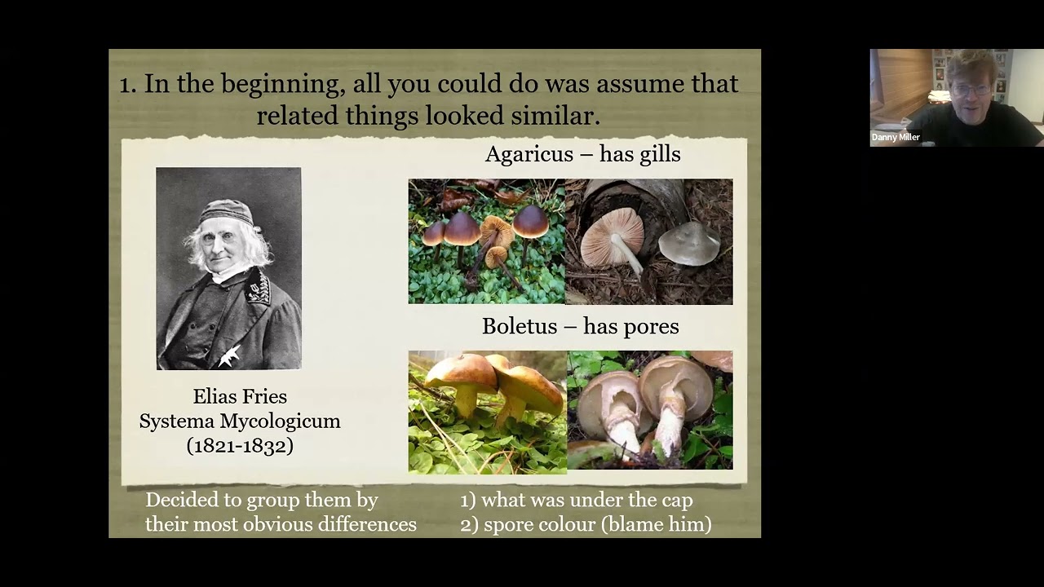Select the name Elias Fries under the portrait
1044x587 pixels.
point(240,397)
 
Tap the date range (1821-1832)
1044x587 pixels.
point(240,445)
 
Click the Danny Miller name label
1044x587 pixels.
point(896,138)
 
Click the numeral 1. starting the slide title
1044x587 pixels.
point(127,84)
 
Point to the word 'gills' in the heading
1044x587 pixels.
point(660,154)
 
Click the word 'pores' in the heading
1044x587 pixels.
point(651,326)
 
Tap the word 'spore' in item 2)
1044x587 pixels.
point(508,524)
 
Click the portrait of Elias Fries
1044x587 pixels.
point(228,269)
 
